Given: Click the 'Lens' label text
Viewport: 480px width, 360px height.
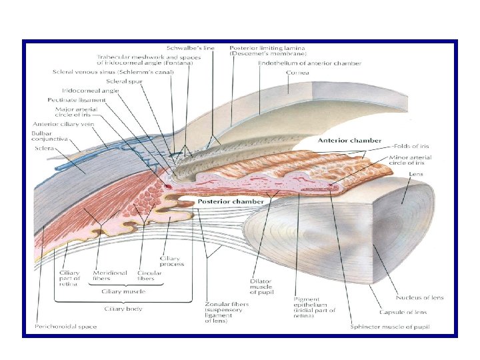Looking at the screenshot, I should (x=415, y=173).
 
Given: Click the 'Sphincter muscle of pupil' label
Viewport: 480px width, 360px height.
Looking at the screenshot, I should (x=390, y=327).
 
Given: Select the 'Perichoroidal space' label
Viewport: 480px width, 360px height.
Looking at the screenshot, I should (x=65, y=327).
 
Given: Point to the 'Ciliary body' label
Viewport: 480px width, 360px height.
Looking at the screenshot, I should (x=124, y=309).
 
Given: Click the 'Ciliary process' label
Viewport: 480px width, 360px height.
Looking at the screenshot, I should (x=171, y=261).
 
